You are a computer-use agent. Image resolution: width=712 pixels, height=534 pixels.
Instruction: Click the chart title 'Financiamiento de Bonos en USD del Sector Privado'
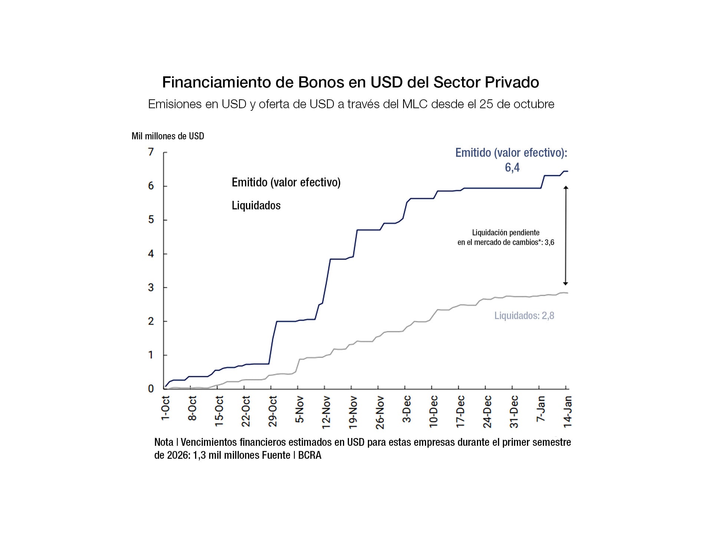click(x=350, y=82)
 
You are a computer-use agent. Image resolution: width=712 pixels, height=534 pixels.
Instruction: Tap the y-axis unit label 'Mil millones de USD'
click(x=168, y=136)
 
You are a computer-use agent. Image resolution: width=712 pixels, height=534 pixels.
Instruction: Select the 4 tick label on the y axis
click(x=151, y=254)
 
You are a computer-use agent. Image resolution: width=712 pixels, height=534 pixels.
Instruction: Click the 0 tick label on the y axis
click(x=151, y=389)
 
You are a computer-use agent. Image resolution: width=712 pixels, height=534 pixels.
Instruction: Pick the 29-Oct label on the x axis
click(x=273, y=411)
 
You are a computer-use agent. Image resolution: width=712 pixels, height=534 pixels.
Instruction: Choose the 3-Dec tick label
click(x=407, y=409)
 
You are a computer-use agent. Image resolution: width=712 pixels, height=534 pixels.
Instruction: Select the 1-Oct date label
click(x=165, y=408)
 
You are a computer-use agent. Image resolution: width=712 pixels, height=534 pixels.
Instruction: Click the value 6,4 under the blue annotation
click(x=512, y=168)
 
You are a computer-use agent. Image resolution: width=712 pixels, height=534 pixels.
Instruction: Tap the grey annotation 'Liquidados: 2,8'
click(x=524, y=316)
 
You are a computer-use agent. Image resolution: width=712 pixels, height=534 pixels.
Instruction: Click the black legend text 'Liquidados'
click(x=256, y=205)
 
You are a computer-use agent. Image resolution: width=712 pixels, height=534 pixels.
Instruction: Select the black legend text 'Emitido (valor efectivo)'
click(x=286, y=182)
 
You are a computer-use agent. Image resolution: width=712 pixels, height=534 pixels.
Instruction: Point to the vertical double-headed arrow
click(x=566, y=236)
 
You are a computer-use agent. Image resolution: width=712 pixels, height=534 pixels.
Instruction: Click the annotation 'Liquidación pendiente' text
click(x=505, y=233)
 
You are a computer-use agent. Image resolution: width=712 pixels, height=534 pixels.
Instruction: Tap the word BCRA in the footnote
click(x=310, y=455)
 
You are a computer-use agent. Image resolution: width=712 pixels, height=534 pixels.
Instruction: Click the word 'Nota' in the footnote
click(x=164, y=442)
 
